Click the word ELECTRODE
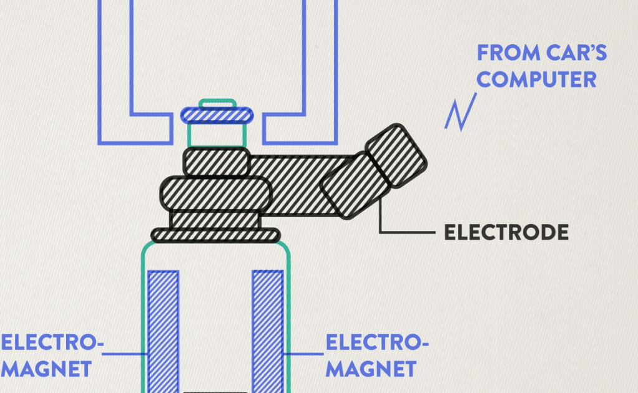pyautogui.click(x=506, y=233)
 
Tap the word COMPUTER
pyautogui.click(x=536, y=79)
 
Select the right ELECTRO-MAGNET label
pyautogui.click(x=377, y=355)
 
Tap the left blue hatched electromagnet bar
pyautogui.click(x=163, y=331)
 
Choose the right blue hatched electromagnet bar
pyautogui.click(x=267, y=331)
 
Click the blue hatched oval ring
pyautogui.click(x=217, y=115)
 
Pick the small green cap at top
pyautogui.click(x=217, y=103)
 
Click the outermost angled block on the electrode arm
pyautogui.click(x=396, y=155)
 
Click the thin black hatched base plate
pyautogui.click(x=216, y=235)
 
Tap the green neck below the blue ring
pyautogui.click(x=217, y=134)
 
